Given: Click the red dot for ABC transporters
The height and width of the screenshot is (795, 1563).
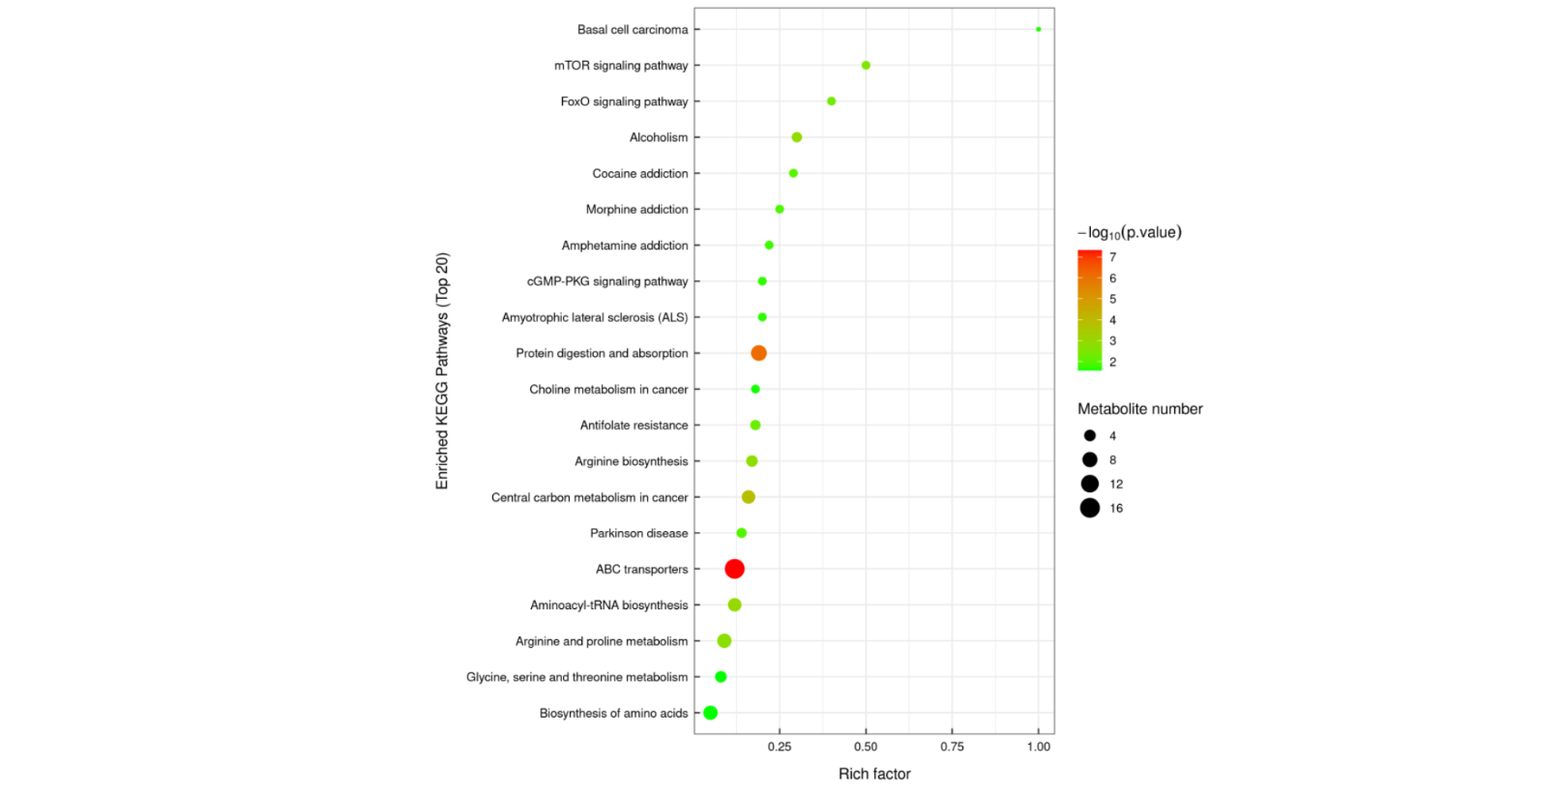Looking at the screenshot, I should pos(734,569).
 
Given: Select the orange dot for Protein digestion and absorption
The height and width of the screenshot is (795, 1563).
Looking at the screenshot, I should pos(758,353).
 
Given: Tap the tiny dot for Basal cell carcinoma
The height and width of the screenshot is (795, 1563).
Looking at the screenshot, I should pos(1039,29).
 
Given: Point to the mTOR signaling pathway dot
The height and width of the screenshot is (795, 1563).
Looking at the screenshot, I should pos(866,66).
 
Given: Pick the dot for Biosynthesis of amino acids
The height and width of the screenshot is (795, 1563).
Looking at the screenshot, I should pos(710,713).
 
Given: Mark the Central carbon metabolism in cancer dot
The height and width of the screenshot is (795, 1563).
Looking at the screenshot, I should pos(748,497).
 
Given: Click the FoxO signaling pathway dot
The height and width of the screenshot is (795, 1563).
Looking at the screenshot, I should pos(831,102).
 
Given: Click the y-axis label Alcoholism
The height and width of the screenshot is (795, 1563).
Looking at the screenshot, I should pos(659,137).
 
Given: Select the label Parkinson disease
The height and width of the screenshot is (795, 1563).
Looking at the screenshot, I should pos(639,533).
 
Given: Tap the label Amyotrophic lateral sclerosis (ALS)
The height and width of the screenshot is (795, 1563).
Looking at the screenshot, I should pos(595,317).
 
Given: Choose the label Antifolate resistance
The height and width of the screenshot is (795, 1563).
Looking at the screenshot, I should pos(634,426).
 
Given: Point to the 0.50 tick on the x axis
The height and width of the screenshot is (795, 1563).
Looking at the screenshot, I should pos(866,747).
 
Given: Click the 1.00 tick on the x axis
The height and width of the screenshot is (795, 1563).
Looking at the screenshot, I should pos(1039,747).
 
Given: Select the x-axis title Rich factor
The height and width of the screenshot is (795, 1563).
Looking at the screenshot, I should pos(874,774).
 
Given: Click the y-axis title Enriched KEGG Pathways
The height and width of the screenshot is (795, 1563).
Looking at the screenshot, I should pos(442,371).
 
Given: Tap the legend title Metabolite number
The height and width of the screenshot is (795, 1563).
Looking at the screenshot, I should pos(1140,409).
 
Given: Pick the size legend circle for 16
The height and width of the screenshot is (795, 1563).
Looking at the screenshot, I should pos(1090,508).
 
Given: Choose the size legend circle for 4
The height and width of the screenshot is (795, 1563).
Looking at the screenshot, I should pos(1090,436).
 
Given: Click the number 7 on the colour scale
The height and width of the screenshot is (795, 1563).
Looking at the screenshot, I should pos(1113,257).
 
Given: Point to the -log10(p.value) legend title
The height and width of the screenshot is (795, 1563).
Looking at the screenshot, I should pos(1130,232).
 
